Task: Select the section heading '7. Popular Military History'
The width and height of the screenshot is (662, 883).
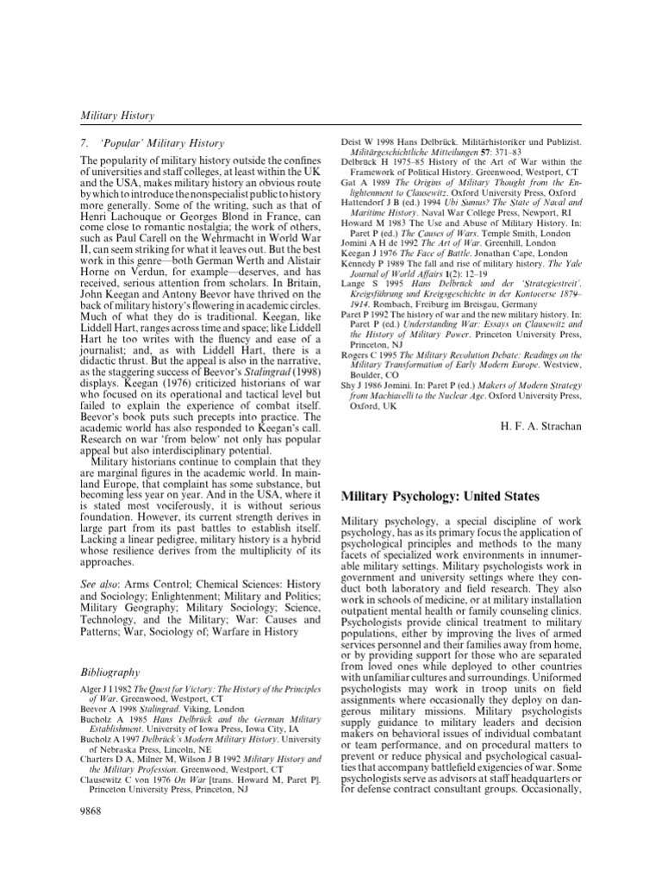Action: [151, 143]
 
